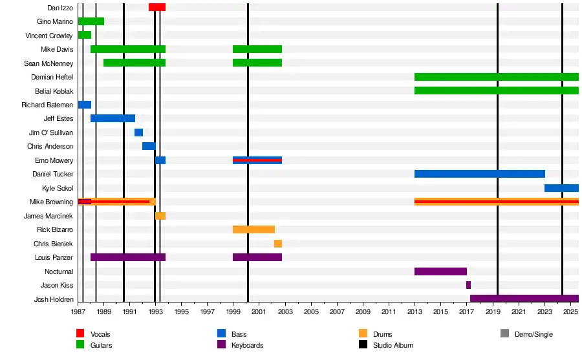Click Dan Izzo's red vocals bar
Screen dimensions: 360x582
pos(157,7)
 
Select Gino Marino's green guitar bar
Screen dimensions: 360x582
pos(91,21)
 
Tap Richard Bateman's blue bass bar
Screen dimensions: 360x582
pos(84,105)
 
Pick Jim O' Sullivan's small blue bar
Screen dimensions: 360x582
pos(138,132)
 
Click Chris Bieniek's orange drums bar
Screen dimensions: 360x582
pos(277,244)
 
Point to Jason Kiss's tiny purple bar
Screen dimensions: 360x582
pos(468,285)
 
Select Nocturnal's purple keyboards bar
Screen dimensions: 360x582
pos(440,271)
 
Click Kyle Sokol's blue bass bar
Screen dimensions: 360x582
pos(561,188)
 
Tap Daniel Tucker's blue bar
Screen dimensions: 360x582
pos(479,174)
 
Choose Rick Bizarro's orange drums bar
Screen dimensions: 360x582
pos(253,229)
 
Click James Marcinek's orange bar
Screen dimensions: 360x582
pos(160,216)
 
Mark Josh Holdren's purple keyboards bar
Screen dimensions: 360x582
pos(524,299)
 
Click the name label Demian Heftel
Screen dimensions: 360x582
pos(52,77)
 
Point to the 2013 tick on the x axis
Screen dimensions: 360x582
pos(415,312)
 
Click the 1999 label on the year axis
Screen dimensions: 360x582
pos(233,312)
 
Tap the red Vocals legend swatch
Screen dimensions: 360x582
pos(80,334)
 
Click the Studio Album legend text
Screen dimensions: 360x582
pos(393,345)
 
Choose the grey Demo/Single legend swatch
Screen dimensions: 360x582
pos(505,334)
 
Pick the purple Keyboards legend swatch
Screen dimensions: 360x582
pos(221,345)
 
